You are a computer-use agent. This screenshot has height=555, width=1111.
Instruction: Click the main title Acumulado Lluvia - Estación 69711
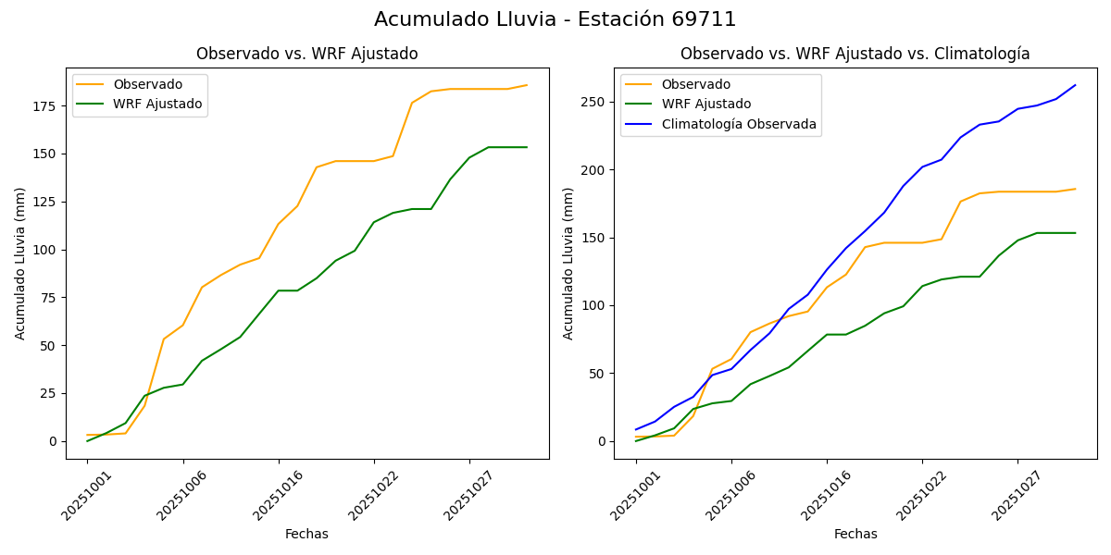click(555, 19)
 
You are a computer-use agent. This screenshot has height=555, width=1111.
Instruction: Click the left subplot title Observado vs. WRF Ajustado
click(306, 54)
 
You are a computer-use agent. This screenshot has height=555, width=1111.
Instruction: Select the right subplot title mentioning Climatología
click(855, 54)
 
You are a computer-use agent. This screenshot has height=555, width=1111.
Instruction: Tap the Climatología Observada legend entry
click(738, 124)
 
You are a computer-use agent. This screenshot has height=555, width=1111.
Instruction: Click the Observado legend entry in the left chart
click(147, 84)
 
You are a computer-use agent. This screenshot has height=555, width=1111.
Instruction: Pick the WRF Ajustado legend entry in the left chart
click(157, 104)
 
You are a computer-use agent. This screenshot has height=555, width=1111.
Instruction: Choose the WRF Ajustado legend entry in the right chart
click(705, 104)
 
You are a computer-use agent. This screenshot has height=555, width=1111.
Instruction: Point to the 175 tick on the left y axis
click(45, 106)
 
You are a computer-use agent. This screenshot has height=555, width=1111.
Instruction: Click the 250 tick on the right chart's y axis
click(593, 102)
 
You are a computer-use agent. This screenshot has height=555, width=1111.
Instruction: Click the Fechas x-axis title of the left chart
click(306, 534)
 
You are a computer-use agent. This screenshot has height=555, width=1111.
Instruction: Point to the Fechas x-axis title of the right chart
click(855, 534)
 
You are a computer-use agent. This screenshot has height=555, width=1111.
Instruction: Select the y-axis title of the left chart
click(20, 263)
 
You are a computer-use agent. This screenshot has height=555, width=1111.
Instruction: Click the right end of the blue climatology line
click(1075, 85)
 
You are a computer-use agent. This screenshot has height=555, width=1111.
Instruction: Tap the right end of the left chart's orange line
click(527, 85)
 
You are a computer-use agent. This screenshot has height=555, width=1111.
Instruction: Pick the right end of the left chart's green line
click(527, 147)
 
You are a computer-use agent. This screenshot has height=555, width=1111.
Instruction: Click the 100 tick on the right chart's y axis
click(593, 305)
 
